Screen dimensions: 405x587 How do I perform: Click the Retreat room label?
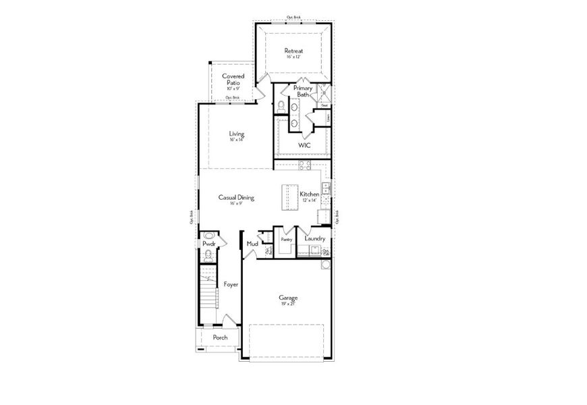coord(293,51)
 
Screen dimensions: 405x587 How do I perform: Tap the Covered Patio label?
coord(233,80)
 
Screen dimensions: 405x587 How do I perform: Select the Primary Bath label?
coord(302,92)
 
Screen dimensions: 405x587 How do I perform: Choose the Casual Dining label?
coord(235,198)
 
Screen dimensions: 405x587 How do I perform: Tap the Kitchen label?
coord(309,194)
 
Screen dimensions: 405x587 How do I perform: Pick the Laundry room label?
coord(315,239)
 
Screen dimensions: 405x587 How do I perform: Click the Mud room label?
coord(252,244)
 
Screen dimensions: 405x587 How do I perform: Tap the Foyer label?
coord(231,285)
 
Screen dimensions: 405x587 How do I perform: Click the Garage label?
coord(289,297)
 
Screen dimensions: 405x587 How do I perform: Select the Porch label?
coord(220,337)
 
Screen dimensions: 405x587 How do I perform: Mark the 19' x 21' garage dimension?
coord(289,304)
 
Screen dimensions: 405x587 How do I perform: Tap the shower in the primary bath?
coord(323,92)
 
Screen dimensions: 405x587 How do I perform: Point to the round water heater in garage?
coord(326,263)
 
